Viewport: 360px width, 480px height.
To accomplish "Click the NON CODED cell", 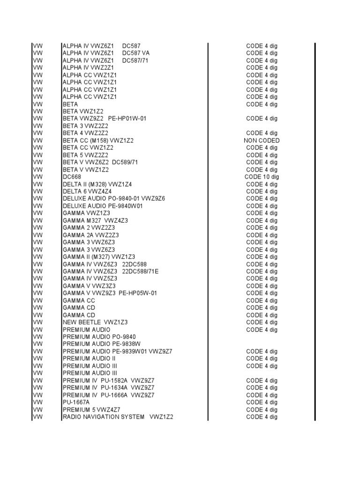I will (x=262, y=141).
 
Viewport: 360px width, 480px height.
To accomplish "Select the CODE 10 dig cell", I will (x=262, y=177).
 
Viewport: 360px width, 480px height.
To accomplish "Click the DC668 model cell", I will (x=72, y=177).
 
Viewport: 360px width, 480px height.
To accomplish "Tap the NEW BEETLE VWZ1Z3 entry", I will (x=95, y=322).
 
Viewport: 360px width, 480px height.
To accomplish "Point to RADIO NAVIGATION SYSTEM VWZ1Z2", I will (x=118, y=417).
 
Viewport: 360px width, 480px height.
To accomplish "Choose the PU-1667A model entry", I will (x=76, y=402).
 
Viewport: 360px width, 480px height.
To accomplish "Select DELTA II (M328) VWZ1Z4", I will (x=97, y=184).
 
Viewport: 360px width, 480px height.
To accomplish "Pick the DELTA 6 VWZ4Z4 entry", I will (x=87, y=191).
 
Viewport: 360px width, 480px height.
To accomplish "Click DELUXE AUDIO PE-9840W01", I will (x=103, y=206).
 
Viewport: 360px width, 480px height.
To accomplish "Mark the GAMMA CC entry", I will (x=79, y=300).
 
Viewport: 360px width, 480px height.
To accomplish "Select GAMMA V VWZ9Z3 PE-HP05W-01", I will (x=110, y=293).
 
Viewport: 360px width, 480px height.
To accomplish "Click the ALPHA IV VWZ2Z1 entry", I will (x=88, y=67).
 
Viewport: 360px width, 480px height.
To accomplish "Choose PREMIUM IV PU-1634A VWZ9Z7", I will (x=108, y=388).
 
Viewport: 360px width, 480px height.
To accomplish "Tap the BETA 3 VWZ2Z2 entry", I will (x=85, y=126).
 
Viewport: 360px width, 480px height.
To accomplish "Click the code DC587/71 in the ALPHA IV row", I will (x=135, y=60).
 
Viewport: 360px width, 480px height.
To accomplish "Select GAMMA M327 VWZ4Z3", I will (x=95, y=220).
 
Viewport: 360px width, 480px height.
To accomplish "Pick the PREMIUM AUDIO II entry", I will (x=89, y=359).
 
